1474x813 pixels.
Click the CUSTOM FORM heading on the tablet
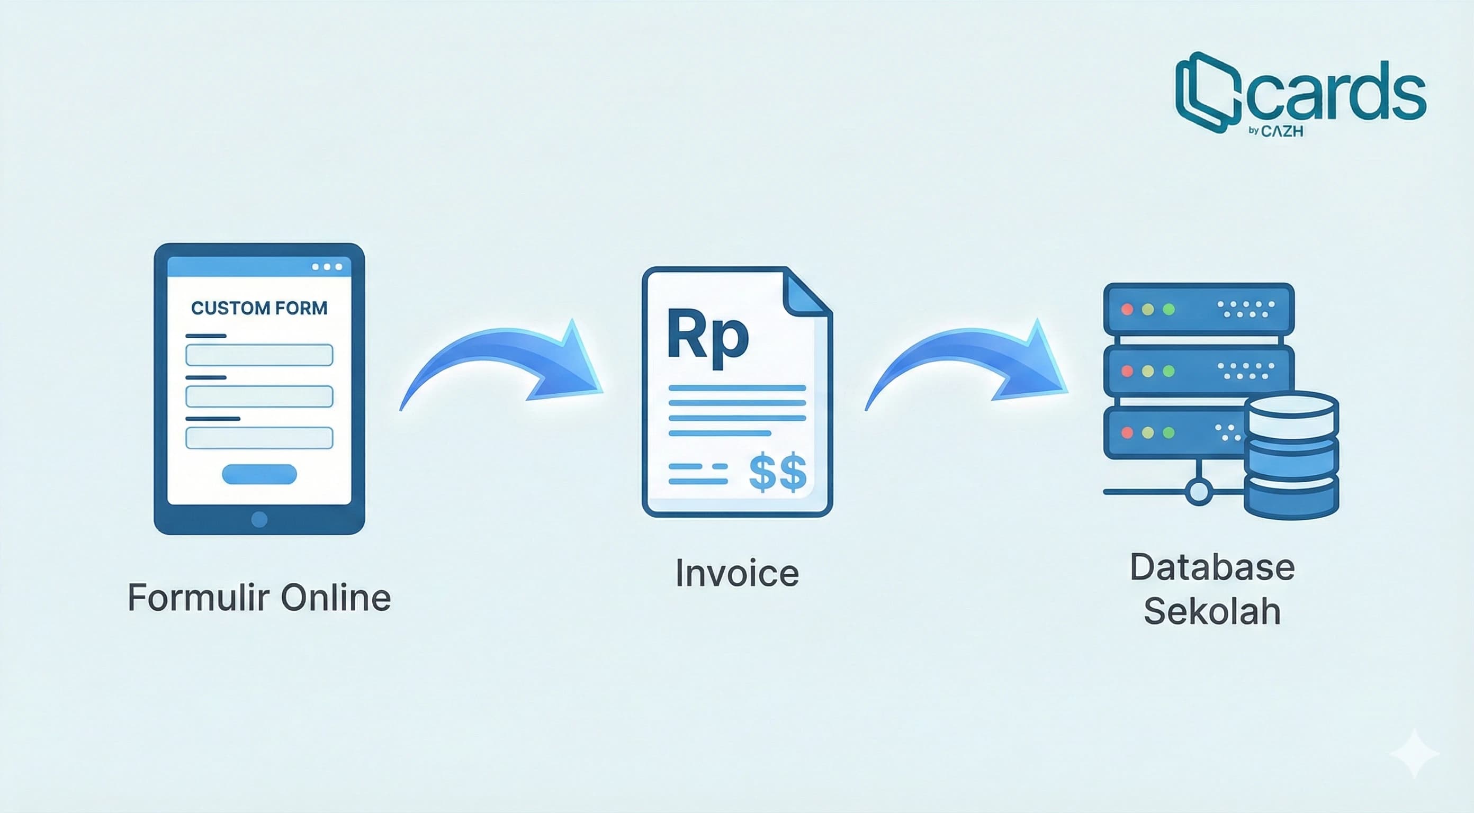(259, 309)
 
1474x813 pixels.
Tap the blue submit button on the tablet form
(259, 474)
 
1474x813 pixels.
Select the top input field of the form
(259, 355)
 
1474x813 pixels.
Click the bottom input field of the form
(259, 438)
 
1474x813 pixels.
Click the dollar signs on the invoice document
(778, 473)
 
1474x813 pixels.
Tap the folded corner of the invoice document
(807, 292)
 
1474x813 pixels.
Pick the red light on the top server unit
(1127, 310)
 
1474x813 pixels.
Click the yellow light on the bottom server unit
(1148, 432)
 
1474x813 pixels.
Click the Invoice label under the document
(737, 573)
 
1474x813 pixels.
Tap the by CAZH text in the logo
(1275, 131)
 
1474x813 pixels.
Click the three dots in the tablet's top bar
(327, 267)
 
